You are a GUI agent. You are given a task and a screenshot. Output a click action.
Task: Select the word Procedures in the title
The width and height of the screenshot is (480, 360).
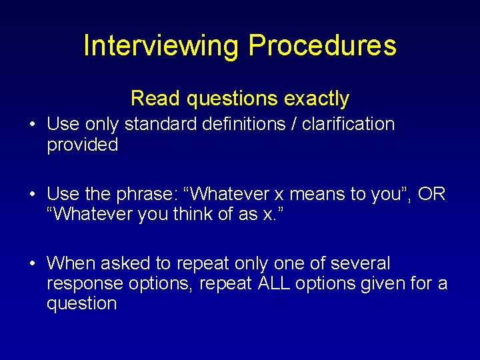pyautogui.click(x=322, y=45)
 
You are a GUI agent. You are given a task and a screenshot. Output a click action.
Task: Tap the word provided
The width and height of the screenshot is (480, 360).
pyautogui.click(x=82, y=145)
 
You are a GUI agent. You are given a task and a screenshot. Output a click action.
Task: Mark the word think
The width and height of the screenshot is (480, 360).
pyautogui.click(x=199, y=215)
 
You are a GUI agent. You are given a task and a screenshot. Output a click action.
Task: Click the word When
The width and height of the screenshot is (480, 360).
pyautogui.click(x=71, y=263)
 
